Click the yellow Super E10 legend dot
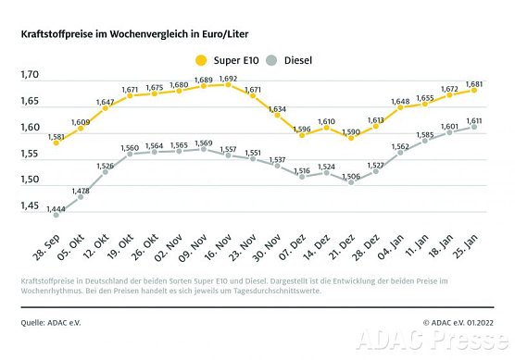[x=201, y=60]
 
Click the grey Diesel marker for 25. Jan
[x=474, y=128]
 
